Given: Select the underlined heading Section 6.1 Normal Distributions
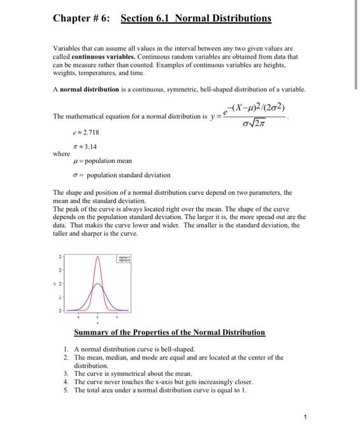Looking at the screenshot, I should coord(196,18).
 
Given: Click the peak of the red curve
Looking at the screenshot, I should coord(97,257).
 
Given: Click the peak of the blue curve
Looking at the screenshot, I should coord(97,284).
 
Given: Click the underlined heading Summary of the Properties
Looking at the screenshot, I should coord(169,333).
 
